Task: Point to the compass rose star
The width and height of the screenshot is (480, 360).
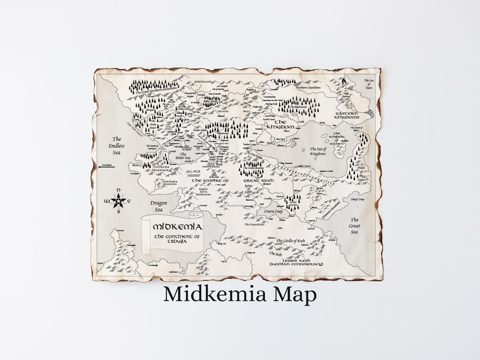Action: tap(119, 200)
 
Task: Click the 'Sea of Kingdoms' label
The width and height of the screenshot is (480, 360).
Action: tap(317, 151)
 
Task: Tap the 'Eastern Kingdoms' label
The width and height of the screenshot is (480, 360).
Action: tap(348, 116)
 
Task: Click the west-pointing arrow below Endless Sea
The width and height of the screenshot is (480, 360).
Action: tap(107, 172)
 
